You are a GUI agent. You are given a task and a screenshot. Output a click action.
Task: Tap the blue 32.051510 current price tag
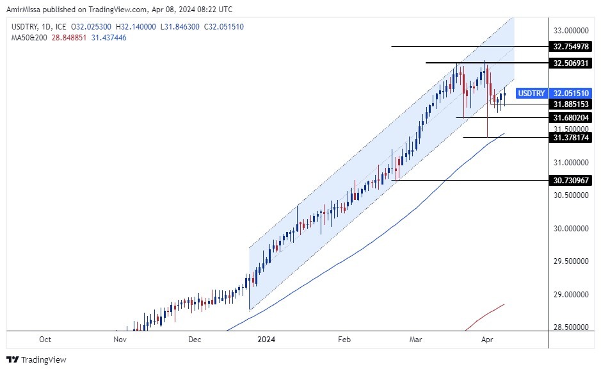point(570,93)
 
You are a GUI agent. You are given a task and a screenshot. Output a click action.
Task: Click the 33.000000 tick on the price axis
point(571,30)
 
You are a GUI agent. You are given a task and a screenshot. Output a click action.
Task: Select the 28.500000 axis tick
point(571,327)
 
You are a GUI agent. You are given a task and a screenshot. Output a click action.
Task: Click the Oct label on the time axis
point(45,339)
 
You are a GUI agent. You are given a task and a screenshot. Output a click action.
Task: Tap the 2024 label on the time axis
point(266,339)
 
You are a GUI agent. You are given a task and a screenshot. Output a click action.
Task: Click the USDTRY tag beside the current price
point(531,93)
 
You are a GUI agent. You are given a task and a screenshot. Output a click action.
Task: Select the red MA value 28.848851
point(70,38)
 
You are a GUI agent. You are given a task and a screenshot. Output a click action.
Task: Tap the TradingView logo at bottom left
point(36,359)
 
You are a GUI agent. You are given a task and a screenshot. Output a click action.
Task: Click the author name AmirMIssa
point(27,10)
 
